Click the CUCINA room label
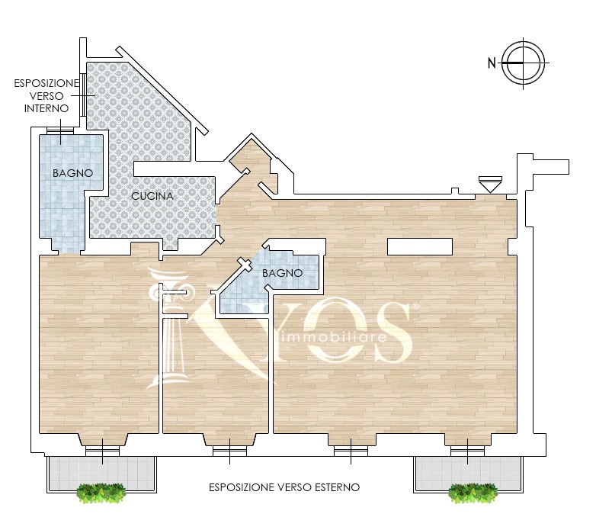tap(152, 196)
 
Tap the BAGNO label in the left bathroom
tap(72, 173)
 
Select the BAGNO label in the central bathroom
tap(283, 273)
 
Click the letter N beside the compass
tap(492, 63)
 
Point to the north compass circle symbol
tap(524, 63)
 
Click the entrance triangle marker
tap(490, 185)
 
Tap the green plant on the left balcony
tap(101, 493)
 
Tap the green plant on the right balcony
tap(473, 493)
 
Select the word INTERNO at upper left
tap(46, 109)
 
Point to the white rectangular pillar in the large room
tap(420, 246)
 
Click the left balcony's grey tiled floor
tap(101, 474)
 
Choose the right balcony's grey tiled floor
tap(468, 474)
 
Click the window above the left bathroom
tap(60, 130)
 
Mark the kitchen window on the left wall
tap(83, 95)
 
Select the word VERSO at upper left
tap(46, 96)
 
